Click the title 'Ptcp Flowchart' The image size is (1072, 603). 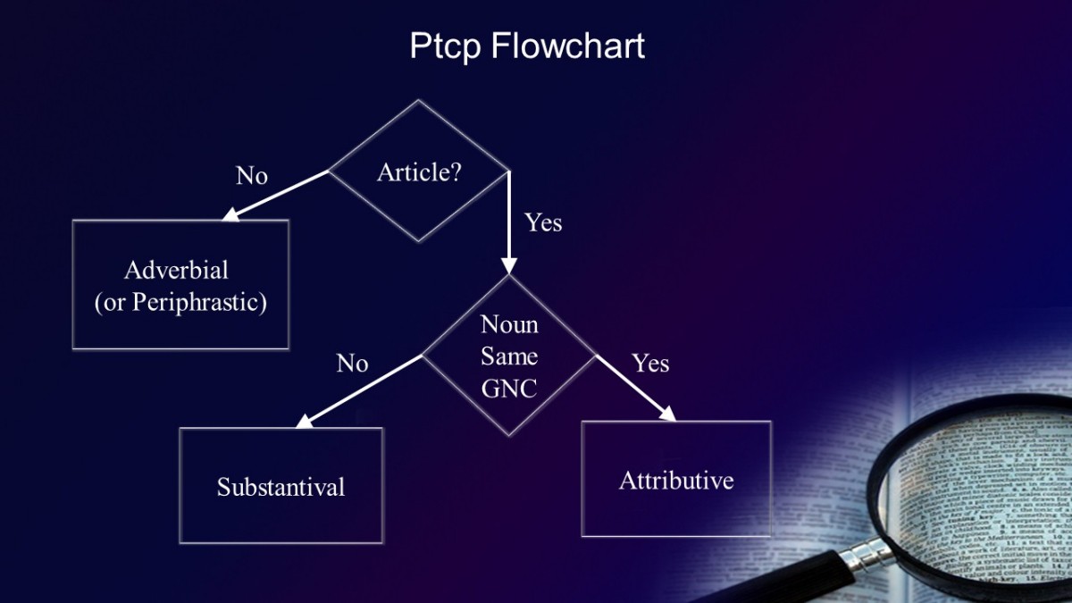pos(527,46)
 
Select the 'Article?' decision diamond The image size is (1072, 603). pos(419,172)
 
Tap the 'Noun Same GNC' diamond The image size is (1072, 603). pos(509,356)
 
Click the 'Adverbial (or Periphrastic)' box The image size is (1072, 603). pos(180,285)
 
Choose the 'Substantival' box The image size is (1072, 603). pos(281,486)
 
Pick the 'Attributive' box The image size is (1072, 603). pos(676,480)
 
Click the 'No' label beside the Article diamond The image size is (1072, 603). pos(252,176)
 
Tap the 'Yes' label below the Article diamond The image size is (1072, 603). pos(543,222)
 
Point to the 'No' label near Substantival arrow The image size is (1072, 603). pos(352,364)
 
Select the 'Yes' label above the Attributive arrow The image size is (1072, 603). pos(650,363)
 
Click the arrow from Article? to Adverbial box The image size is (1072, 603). pos(277,195)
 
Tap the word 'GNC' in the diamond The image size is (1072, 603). pos(509,389)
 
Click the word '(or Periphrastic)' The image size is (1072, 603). pos(180,302)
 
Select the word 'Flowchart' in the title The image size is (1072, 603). pos(567,46)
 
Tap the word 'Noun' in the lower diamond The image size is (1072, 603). pos(509,324)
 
